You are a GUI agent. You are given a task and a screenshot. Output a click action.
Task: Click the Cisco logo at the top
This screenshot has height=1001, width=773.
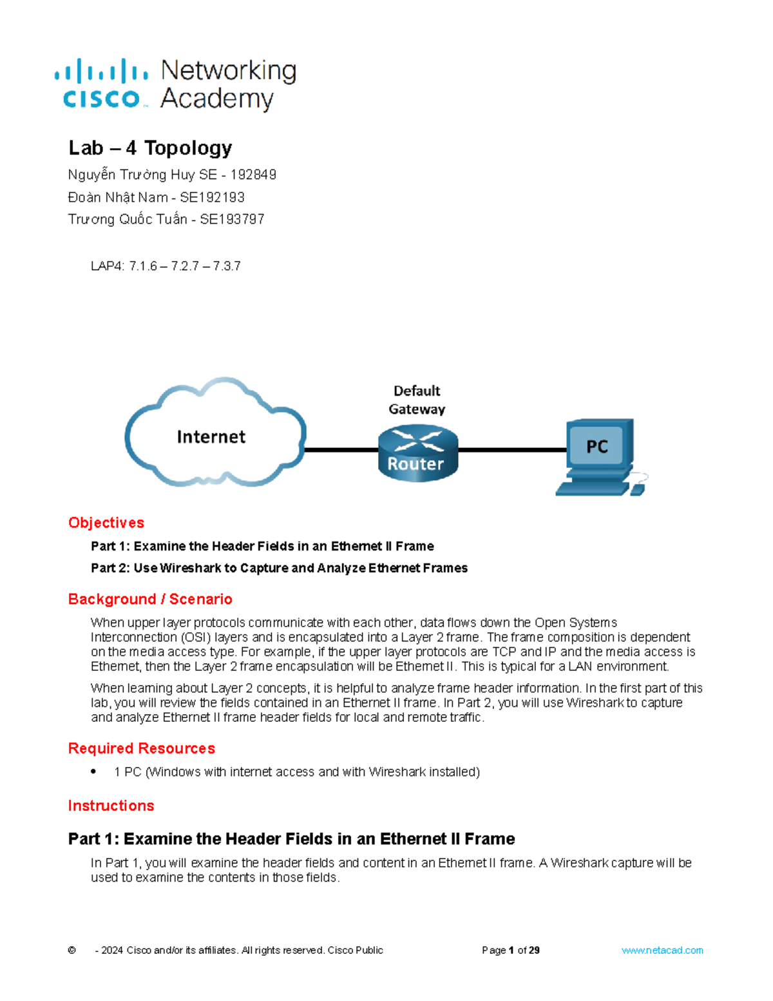click(x=101, y=84)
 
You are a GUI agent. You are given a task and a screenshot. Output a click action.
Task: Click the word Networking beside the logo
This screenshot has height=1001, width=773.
click(x=228, y=70)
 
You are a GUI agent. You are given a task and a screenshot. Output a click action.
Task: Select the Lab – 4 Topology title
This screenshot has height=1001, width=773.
click(x=150, y=148)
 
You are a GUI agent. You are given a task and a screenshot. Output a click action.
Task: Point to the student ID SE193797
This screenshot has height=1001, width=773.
click(x=232, y=219)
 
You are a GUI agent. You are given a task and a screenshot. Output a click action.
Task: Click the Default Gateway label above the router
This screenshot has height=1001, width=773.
click(x=417, y=400)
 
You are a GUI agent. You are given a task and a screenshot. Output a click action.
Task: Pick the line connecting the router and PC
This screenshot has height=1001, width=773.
click(x=512, y=450)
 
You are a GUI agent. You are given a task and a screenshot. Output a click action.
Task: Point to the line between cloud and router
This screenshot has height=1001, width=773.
click(x=341, y=450)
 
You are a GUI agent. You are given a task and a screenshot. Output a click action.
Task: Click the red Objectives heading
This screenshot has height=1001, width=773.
click(x=106, y=523)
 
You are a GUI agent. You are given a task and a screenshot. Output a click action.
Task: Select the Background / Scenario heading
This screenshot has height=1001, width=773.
click(x=150, y=599)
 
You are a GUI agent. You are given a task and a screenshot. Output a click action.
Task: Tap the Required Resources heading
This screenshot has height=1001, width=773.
click(x=142, y=748)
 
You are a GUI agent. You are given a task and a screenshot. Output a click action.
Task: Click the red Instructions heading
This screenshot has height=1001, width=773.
click(x=111, y=806)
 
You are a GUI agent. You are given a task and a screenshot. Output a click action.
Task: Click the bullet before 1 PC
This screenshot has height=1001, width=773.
click(x=94, y=771)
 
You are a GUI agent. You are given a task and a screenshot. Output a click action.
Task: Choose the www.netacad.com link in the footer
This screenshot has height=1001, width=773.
click(x=662, y=950)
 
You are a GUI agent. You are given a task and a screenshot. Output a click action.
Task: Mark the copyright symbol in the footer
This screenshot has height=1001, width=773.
click(x=72, y=950)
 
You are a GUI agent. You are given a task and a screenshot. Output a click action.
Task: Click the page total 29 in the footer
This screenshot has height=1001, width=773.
click(x=533, y=950)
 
